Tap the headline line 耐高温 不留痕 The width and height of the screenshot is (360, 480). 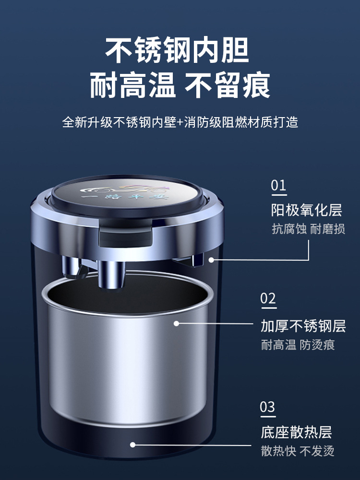180,85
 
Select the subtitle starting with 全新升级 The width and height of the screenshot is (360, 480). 180,122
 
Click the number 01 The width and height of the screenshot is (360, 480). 278,185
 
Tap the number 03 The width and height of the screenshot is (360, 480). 268,408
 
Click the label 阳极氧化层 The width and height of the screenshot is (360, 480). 306,210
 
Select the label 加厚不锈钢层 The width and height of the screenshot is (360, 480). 303,326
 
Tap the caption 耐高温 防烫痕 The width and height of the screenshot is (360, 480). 298,345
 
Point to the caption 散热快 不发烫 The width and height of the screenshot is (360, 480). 298,451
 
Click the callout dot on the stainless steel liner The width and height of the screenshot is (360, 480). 176,324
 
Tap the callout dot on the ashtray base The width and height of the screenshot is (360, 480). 133,444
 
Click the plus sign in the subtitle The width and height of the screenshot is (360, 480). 180,122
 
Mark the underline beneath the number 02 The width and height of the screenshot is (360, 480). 268,309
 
